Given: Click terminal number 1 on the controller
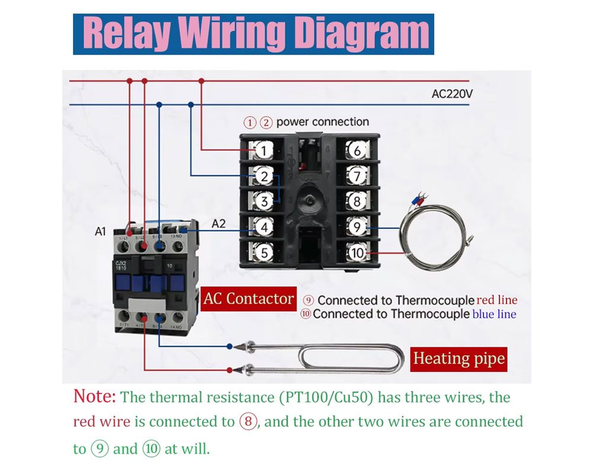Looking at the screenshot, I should [x=264, y=151].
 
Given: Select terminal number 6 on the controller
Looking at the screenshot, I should [x=356, y=151].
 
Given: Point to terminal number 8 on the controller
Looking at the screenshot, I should [x=356, y=202].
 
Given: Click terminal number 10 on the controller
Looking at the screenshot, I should [x=356, y=253].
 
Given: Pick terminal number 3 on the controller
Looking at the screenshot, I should [x=264, y=202].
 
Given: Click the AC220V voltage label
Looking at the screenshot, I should [x=452, y=94].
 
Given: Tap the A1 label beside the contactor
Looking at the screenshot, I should [x=100, y=231].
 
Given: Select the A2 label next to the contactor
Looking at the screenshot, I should [x=219, y=224].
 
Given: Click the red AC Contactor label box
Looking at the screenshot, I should [x=248, y=299].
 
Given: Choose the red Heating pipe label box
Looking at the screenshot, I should [x=458, y=359].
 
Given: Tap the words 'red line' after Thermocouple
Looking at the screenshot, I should [x=497, y=300].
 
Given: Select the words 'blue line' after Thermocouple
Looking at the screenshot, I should [x=494, y=314].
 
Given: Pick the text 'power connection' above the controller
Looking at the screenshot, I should [x=323, y=122].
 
